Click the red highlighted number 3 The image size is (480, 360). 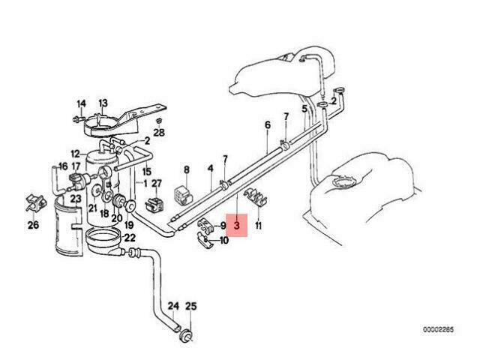tap(237, 226)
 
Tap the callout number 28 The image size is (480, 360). tap(159, 132)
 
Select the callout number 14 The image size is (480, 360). tap(81, 103)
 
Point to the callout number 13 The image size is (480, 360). tap(103, 103)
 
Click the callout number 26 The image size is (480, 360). tap(33, 225)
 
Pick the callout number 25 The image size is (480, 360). tap(191, 306)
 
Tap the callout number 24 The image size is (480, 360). tap(173, 306)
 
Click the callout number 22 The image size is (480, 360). tap(130, 238)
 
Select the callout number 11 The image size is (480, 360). tap(258, 226)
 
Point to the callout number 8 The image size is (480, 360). tap(187, 169)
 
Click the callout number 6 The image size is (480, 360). tap(268, 125)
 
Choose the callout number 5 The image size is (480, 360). tap(304, 109)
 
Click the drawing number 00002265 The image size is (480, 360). tap(438, 330)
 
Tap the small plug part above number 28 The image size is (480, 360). tap(158, 121)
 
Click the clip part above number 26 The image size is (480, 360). tap(35, 202)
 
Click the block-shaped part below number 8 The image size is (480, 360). tap(183, 194)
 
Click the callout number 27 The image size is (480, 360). tap(157, 183)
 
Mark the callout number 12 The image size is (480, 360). tap(75, 154)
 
